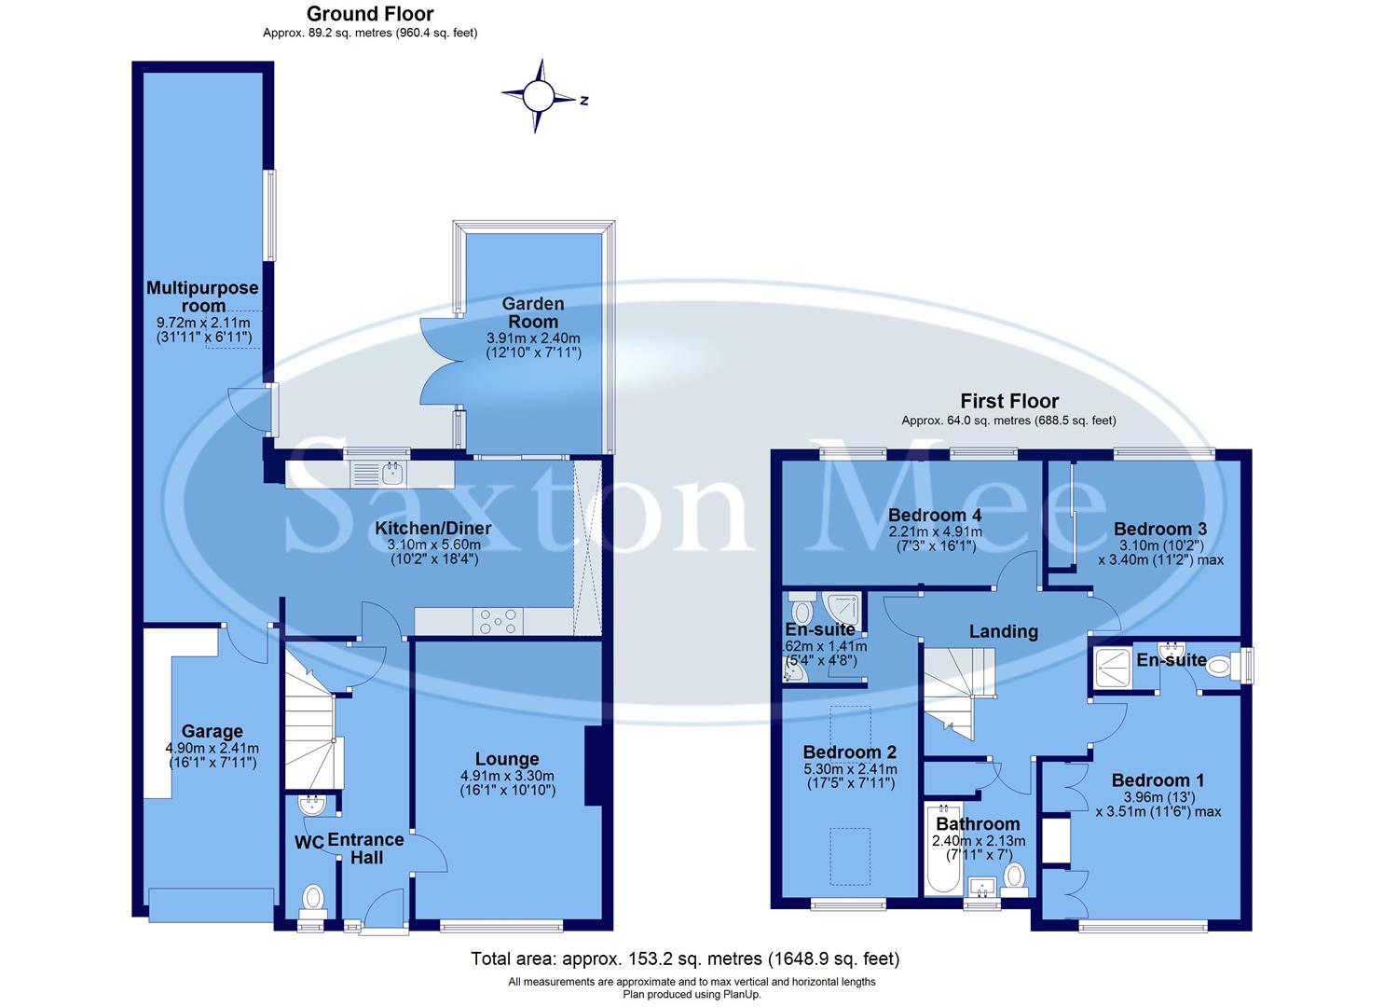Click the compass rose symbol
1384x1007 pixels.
[538, 96]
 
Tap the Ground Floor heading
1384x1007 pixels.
[370, 13]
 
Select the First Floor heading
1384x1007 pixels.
[1009, 401]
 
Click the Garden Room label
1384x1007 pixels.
[533, 312]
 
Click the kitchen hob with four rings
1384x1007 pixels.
[499, 622]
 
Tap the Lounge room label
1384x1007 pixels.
[507, 759]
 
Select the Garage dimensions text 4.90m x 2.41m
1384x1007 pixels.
[212, 748]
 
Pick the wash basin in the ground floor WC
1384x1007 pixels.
[310, 804]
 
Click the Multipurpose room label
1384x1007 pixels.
[202, 297]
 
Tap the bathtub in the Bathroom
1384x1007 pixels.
[940, 848]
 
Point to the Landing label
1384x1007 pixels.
[1003, 631]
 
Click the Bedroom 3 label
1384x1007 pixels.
[1153, 529]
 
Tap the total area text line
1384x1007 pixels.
[685, 959]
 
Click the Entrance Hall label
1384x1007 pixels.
[365, 848]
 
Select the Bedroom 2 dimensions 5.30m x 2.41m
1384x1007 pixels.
[850, 769]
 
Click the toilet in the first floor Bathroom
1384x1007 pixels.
[1014, 877]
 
